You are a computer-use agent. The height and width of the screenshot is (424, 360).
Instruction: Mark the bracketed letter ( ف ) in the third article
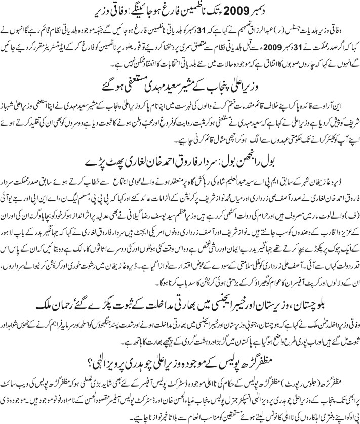coord(350,206)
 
